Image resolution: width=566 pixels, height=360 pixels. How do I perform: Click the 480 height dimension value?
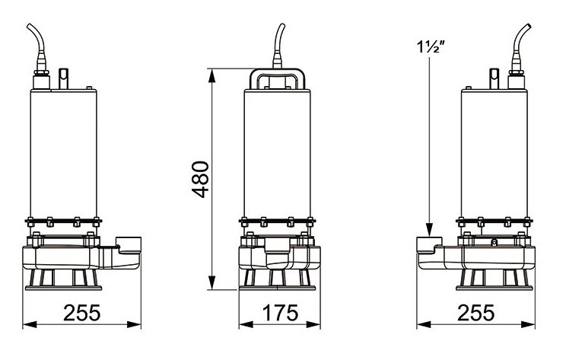point(199,179)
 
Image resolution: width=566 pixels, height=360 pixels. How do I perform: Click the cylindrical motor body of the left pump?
point(64,152)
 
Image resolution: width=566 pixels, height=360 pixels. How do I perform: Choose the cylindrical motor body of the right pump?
point(494,152)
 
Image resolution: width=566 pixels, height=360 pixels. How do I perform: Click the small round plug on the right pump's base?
point(494,244)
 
